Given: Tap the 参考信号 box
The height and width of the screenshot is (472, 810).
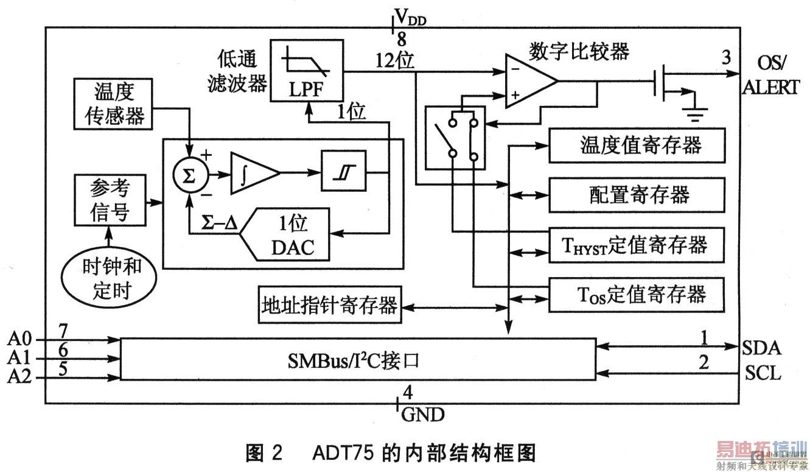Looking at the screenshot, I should (110, 200).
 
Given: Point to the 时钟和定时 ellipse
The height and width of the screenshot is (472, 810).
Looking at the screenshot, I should (111, 277).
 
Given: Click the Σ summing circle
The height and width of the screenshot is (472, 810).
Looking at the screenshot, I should (190, 176).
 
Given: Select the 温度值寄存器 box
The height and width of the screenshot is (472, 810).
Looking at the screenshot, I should (637, 145).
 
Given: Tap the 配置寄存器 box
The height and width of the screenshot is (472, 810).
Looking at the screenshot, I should (637, 195).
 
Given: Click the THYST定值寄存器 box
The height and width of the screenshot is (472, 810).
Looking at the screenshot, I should (637, 245).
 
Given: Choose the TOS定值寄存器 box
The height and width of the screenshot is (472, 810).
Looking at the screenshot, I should (637, 295).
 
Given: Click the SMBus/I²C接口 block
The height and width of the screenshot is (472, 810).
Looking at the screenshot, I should (358, 360).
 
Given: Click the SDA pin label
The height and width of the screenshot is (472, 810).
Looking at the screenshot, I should (762, 347).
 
